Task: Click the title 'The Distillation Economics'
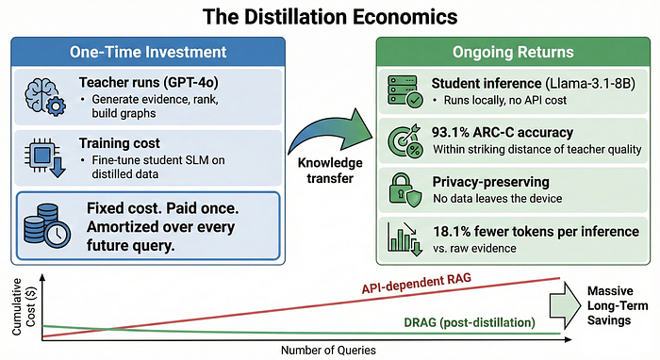pyautogui.click(x=330, y=17)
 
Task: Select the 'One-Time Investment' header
pyautogui.click(x=148, y=52)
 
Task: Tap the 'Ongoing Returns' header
pyautogui.click(x=513, y=52)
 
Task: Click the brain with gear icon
pyautogui.click(x=45, y=98)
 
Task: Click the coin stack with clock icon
pyautogui.click(x=47, y=225)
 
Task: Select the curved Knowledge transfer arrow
pyautogui.click(x=330, y=131)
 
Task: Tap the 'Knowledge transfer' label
pyautogui.click(x=330, y=171)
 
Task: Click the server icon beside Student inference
pyautogui.click(x=404, y=91)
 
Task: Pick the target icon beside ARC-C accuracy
pyautogui.click(x=404, y=140)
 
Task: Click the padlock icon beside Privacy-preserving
pyautogui.click(x=404, y=190)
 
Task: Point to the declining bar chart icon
pyautogui.click(x=404, y=238)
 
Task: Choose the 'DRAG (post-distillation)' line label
pyautogui.click(x=470, y=322)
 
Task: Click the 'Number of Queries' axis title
pyautogui.click(x=328, y=350)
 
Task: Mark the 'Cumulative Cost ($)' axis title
pyautogui.click(x=24, y=307)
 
